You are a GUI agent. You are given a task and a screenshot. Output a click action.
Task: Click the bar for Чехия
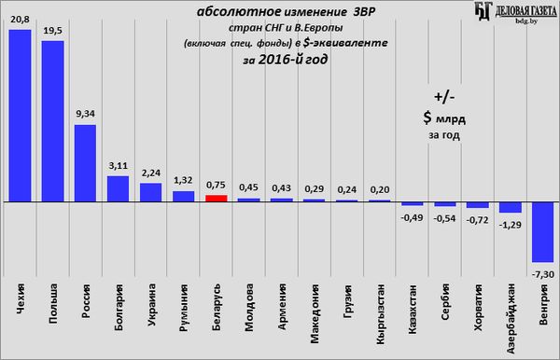20,116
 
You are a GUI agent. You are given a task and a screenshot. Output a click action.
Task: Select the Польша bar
53,121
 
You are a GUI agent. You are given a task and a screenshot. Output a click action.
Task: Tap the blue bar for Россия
85,163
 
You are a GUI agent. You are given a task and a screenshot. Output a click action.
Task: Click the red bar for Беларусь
217,199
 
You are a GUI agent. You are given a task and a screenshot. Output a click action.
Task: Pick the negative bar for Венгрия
543,232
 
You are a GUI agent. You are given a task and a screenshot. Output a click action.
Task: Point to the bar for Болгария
119,188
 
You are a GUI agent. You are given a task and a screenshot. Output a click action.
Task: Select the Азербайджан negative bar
511,207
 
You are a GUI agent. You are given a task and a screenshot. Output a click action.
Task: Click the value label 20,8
20,20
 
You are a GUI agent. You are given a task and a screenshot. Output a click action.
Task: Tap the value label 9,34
85,114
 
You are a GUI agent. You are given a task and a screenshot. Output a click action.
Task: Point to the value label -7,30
543,274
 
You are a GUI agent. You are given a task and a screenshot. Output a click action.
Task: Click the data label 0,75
216,186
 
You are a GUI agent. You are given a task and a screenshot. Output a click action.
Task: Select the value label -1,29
510,225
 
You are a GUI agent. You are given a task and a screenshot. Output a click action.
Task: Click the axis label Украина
151,305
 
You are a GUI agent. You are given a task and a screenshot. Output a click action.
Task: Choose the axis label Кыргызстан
381,314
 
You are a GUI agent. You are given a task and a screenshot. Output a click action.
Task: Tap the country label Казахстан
413,310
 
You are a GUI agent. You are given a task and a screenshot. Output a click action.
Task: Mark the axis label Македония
315,313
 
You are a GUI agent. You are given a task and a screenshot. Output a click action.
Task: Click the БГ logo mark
483,10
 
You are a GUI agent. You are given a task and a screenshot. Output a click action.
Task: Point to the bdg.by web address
526,21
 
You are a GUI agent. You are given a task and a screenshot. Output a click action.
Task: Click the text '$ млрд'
444,118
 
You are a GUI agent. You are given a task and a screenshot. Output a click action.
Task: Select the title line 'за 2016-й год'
285,60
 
